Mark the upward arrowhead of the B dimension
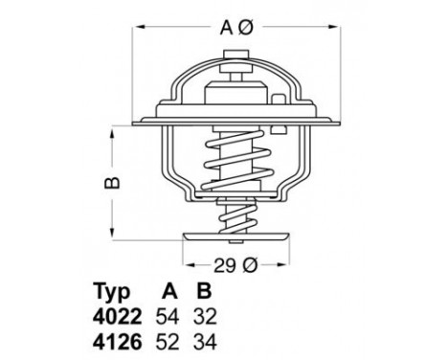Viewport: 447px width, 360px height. (x=116, y=125)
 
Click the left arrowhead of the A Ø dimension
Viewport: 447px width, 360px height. (x=135, y=44)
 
